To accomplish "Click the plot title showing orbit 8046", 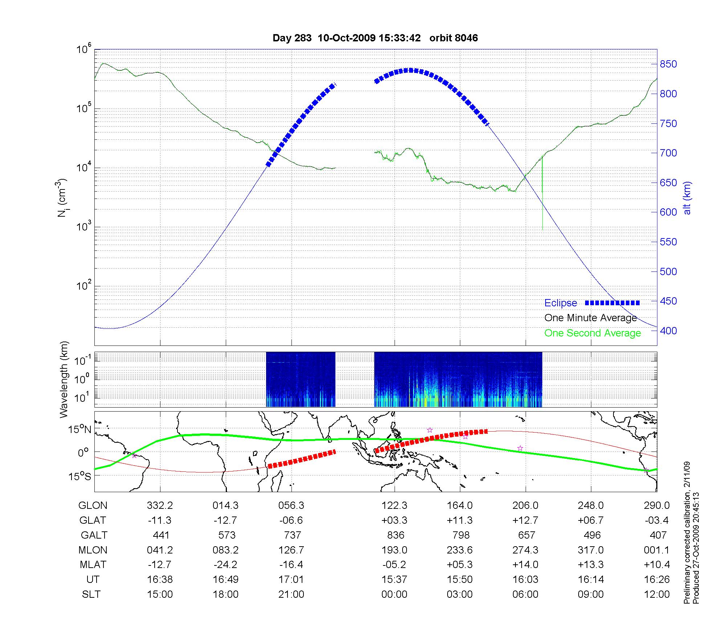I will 375,38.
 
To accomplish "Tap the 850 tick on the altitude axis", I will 668,64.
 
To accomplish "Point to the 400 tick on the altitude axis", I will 668,331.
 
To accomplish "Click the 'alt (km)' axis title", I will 687,198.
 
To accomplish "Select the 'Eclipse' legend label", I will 560,303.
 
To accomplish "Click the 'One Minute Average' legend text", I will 591,318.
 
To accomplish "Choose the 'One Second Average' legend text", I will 592,333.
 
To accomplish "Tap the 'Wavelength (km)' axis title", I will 64,379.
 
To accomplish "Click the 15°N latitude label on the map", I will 80,430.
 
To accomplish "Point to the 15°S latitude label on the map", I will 80,476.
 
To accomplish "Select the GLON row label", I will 93,506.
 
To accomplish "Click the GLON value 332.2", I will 160,506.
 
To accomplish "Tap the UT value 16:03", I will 525,580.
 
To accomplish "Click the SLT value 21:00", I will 291,594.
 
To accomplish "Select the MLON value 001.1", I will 656,550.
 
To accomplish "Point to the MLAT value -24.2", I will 225,565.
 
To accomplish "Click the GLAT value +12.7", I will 525,520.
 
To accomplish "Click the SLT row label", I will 91,594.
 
